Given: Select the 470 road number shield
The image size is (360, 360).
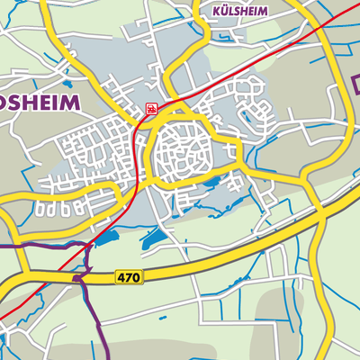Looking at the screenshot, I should coord(129,279).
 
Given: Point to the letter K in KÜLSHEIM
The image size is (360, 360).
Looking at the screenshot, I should coord(217,13).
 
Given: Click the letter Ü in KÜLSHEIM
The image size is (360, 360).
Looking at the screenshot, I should coord(225,13).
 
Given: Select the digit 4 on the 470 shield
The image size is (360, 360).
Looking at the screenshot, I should coord(121,279).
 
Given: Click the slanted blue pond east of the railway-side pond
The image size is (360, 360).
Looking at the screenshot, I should coord(151,237).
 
